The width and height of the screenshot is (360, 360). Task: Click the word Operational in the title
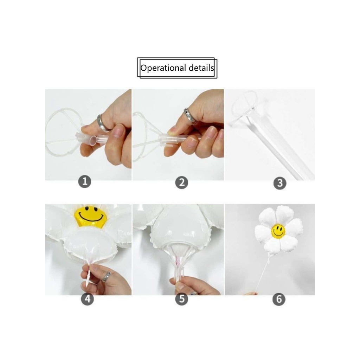(163, 68)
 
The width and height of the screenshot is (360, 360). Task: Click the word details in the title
(201, 68)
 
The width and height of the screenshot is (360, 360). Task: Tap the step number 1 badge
(85, 182)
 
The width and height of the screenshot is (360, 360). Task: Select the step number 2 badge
(182, 182)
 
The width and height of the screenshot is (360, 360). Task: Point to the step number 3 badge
(280, 183)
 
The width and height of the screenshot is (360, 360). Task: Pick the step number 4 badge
(88, 299)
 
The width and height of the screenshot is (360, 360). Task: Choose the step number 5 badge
(182, 299)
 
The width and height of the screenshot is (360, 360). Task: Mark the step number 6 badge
(279, 299)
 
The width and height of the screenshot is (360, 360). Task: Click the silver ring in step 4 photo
(106, 277)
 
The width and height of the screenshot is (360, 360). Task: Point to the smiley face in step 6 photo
(278, 231)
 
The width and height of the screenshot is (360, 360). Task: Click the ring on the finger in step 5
(193, 293)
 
